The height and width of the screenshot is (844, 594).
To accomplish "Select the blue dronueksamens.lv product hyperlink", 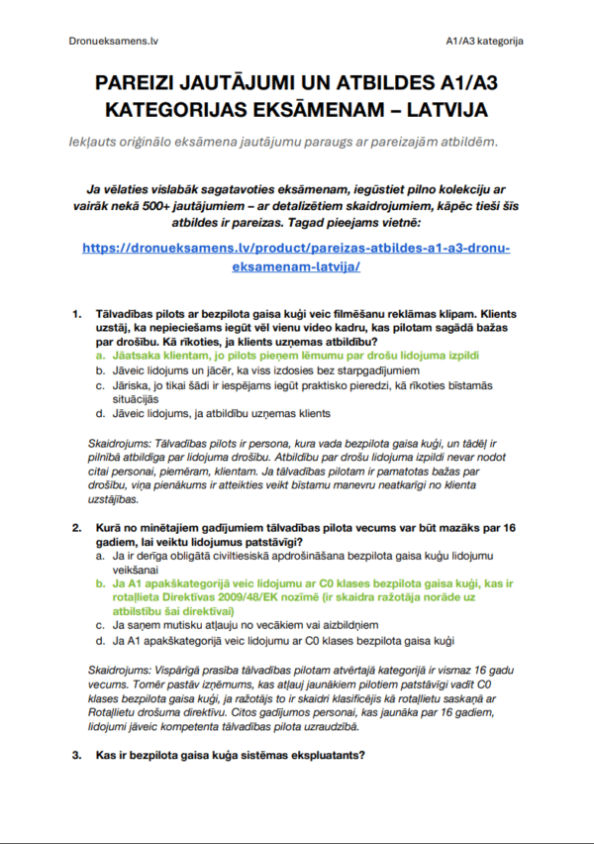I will (x=296, y=257).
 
